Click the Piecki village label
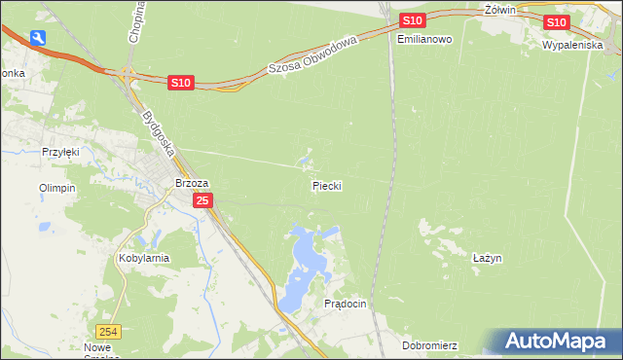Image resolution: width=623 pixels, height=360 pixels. click(x=327, y=184)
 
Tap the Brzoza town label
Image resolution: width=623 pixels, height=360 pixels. click(x=192, y=182)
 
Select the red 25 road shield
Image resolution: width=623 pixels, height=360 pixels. click(x=202, y=200)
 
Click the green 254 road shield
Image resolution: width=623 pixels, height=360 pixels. click(x=110, y=331)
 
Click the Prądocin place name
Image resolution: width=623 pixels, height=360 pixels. click(x=345, y=304)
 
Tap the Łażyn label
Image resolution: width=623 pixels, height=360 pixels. click(x=487, y=258)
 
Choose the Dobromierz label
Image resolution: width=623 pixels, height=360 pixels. click(x=428, y=345)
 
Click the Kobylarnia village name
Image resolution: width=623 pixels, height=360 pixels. click(x=144, y=258)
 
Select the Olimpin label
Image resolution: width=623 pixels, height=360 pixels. click(x=56, y=188)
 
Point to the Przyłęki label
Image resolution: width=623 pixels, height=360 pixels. click(x=59, y=152)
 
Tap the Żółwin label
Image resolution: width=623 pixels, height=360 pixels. click(x=498, y=9)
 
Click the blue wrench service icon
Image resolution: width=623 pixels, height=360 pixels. click(x=38, y=38)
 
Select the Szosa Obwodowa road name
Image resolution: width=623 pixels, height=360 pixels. click(x=313, y=55)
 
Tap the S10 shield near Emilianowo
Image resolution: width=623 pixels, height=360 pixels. click(x=412, y=20)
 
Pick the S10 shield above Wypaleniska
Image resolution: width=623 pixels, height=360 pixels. click(x=556, y=22)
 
